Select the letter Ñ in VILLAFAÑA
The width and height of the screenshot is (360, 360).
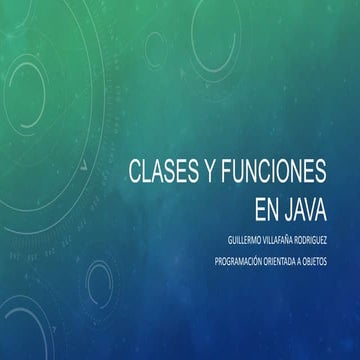tap(291, 241)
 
